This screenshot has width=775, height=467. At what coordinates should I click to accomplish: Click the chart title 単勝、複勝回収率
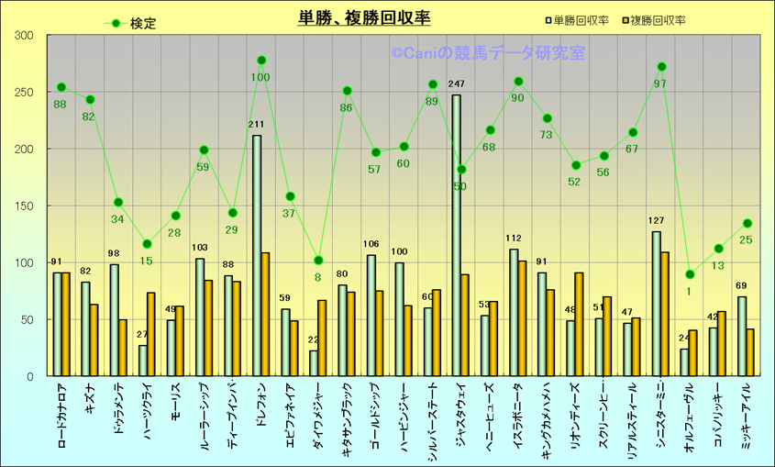click(364, 17)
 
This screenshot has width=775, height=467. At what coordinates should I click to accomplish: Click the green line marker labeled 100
click(261, 61)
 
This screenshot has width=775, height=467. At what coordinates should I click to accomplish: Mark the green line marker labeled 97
click(661, 67)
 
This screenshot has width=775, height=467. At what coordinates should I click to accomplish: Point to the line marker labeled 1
click(690, 274)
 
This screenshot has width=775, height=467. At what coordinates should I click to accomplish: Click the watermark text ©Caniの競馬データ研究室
click(488, 53)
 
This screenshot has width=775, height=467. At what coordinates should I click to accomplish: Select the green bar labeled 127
click(656, 303)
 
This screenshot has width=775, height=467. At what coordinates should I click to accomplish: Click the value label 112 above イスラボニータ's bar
click(513, 240)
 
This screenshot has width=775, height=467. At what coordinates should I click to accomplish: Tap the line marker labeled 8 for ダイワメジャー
click(318, 261)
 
